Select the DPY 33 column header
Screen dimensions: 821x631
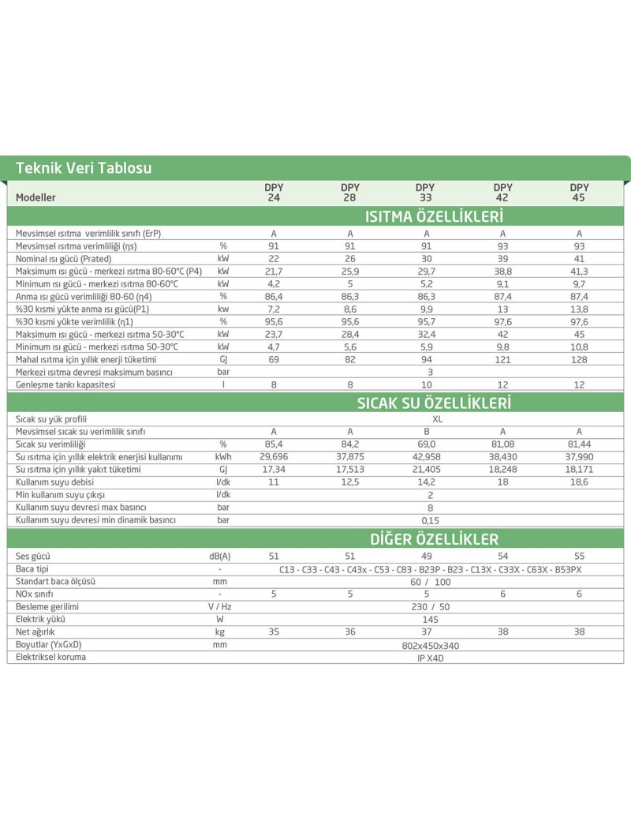click(x=426, y=193)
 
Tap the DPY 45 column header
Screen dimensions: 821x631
click(x=579, y=193)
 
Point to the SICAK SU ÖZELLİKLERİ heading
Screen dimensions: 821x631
click(x=434, y=403)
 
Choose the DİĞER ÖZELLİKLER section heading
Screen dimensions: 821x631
click(x=434, y=539)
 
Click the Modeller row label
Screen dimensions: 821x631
click(x=35, y=197)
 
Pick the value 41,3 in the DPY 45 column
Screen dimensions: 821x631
click(x=579, y=270)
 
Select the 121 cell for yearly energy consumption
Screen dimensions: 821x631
click(x=502, y=358)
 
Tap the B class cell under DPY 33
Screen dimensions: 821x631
click(x=426, y=432)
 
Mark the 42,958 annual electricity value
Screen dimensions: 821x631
click(x=426, y=456)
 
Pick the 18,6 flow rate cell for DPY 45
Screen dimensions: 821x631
click(x=579, y=482)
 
